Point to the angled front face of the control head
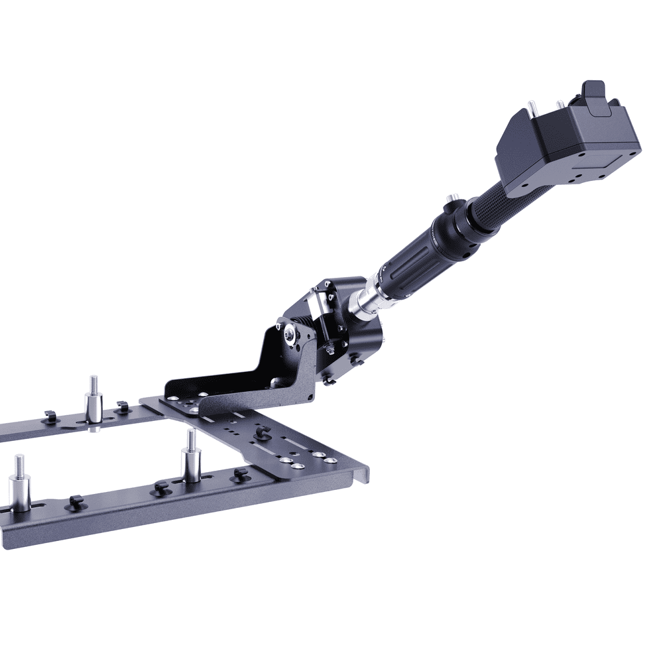click(x=520, y=149)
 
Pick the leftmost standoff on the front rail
click(x=19, y=487)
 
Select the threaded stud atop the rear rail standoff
click(x=93, y=384)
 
